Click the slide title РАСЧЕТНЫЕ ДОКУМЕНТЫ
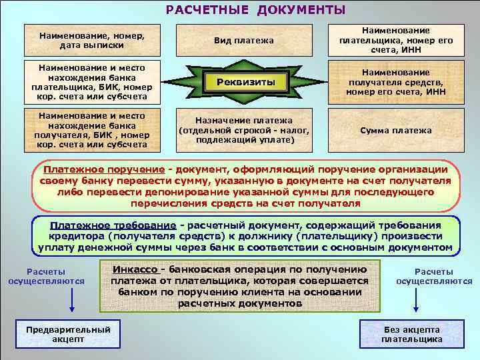tap(256, 10)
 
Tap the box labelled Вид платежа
tap(243, 41)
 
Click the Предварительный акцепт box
tap(68, 334)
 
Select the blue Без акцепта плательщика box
tap(411, 334)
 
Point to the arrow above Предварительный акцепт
tap(71, 301)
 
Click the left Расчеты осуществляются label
tap(46, 276)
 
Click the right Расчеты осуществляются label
tap(434, 276)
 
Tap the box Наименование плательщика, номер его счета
tap(396, 41)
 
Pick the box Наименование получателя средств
tap(396, 82)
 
